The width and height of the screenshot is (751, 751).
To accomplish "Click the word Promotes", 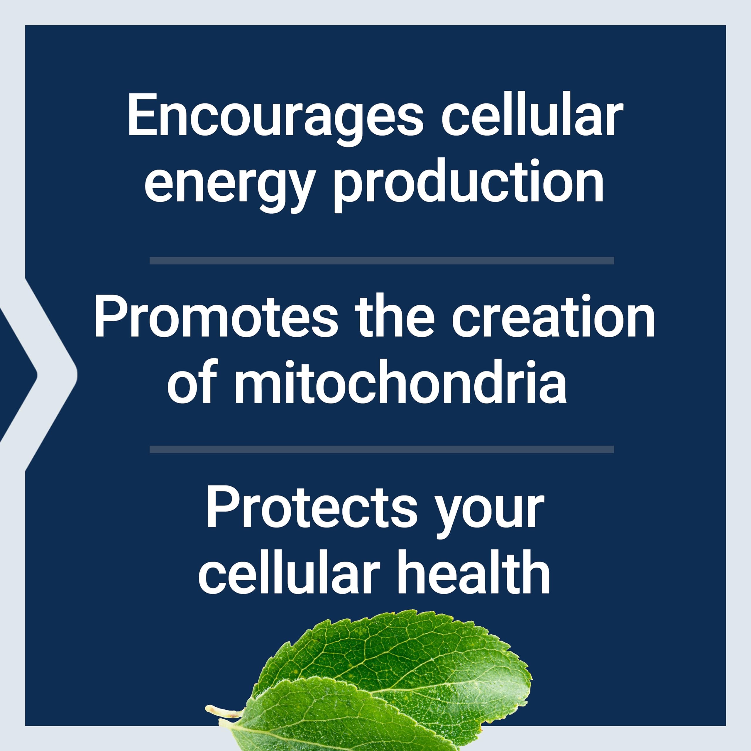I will pyautogui.click(x=216, y=316).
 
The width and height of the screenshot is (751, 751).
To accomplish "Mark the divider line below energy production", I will pyautogui.click(x=382, y=261).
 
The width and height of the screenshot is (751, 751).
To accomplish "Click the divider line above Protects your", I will pyautogui.click(x=382, y=449).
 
